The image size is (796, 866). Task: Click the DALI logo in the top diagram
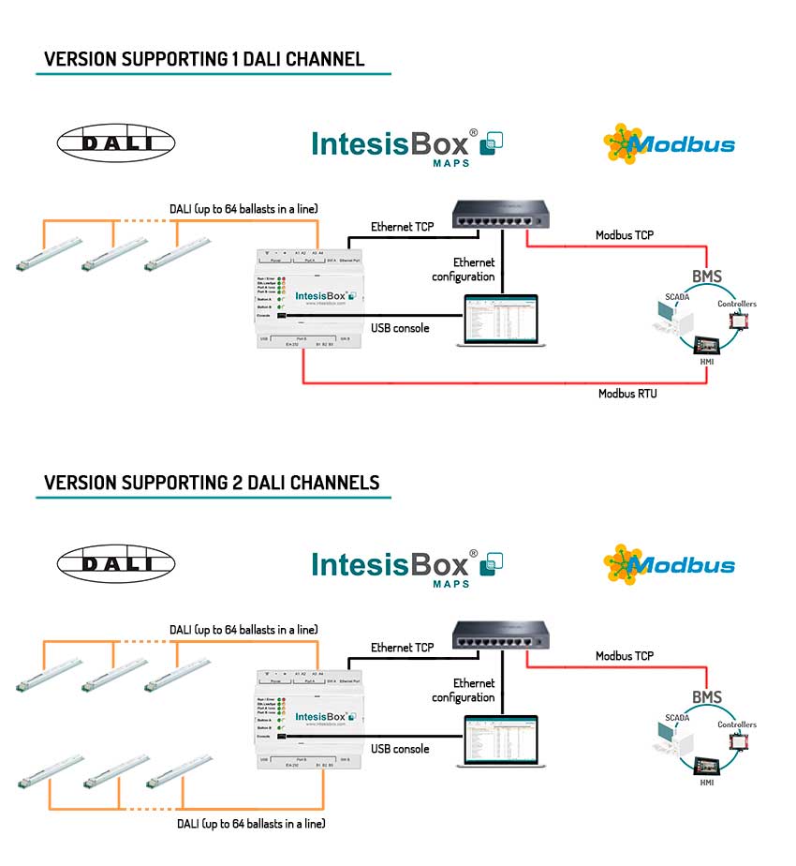116,143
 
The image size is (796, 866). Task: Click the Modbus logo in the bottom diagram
670,565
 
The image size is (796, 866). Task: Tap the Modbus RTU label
627,394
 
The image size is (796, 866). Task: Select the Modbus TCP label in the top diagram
625,235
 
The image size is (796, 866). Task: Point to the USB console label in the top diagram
399,328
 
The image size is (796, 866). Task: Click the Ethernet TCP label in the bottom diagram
402,648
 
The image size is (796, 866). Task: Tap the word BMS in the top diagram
708,276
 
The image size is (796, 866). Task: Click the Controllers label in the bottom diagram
736,724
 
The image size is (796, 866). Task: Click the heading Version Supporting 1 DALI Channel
204,60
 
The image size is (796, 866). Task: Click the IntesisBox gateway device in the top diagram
306,297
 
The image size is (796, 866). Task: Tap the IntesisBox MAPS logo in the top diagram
407,145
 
